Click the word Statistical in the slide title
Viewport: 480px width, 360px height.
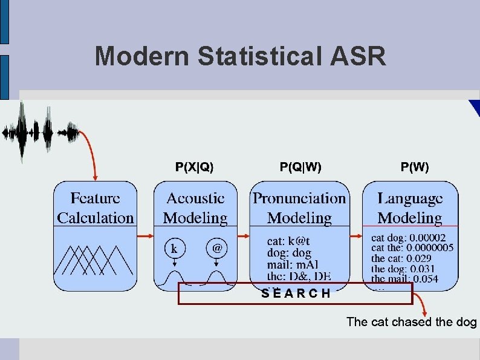pos(265,56)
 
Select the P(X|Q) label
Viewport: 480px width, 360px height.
pos(194,166)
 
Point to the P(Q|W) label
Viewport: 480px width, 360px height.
pos(300,166)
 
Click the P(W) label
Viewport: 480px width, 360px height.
pos(415,166)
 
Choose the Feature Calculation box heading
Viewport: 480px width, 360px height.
pos(96,208)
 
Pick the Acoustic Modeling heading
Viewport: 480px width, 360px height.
pos(195,208)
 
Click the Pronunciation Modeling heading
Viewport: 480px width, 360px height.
pos(300,208)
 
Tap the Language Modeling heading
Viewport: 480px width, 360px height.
pos(410,208)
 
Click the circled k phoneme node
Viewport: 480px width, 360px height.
pos(174,248)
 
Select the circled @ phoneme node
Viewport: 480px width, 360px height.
pos(216,248)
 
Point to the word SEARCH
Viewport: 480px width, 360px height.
pos(296,294)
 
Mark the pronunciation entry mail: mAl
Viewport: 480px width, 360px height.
pos(293,264)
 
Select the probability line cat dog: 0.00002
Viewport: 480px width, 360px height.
pos(409,238)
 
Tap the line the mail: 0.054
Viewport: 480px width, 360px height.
pos(404,279)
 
